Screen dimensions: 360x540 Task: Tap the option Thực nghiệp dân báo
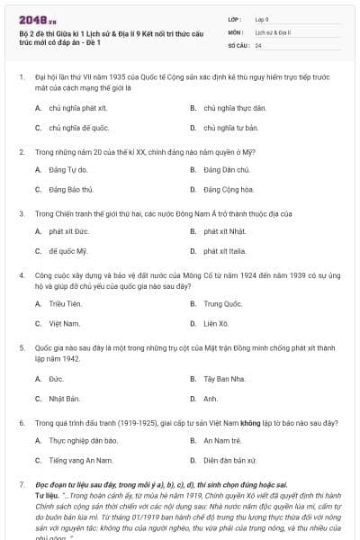click(x=75, y=440)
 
